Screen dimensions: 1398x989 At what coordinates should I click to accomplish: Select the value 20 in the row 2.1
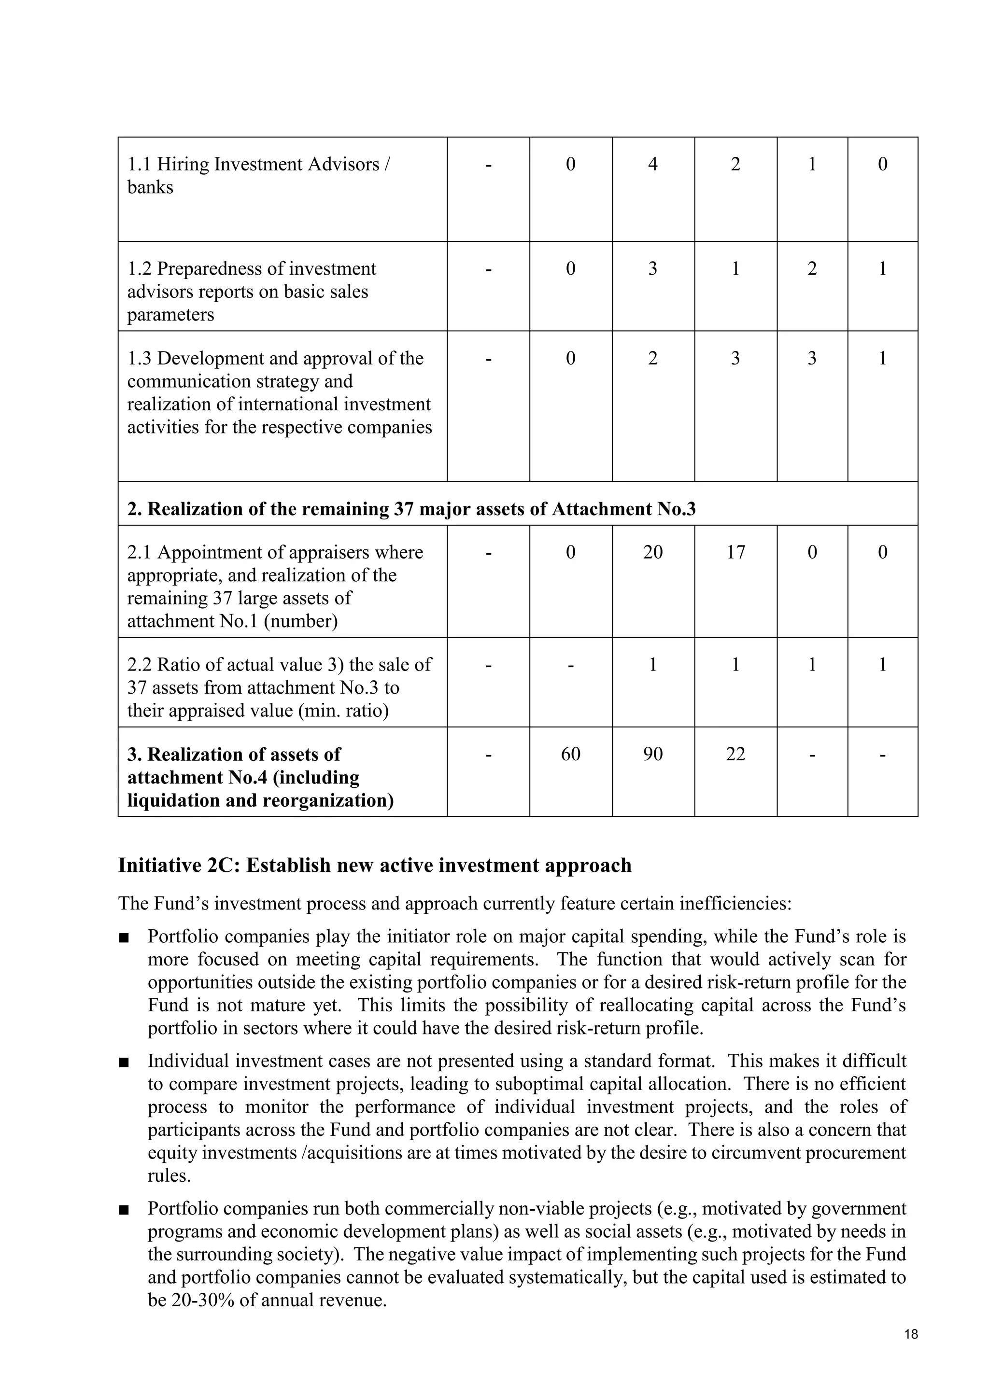pos(652,552)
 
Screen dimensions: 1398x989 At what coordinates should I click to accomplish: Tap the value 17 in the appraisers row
pos(735,552)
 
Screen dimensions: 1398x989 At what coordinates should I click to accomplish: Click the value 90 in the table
pos(652,754)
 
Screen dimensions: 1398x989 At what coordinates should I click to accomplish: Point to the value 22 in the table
pos(735,754)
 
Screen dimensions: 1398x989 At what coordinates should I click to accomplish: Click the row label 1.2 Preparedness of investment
pos(252,268)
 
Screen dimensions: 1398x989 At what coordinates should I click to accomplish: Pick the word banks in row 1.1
pos(150,187)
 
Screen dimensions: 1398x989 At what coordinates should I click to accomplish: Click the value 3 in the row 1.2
pos(652,268)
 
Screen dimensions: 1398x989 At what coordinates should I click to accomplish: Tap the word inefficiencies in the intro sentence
pos(735,903)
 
